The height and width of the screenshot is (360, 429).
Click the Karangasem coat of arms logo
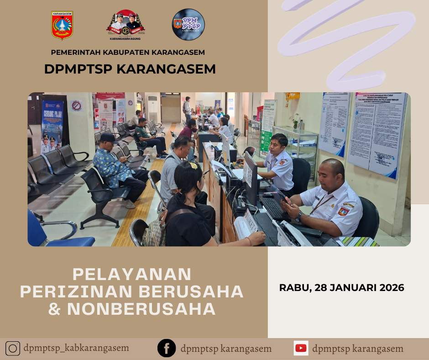[62, 26]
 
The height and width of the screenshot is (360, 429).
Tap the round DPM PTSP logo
[188, 25]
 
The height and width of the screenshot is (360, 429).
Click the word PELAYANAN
[132, 274]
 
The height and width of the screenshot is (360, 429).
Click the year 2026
[391, 288]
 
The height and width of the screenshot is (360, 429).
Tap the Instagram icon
[13, 349]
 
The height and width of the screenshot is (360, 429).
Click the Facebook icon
[167, 349]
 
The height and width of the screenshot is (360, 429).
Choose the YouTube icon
[301, 349]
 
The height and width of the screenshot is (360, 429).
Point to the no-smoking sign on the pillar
[77, 106]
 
